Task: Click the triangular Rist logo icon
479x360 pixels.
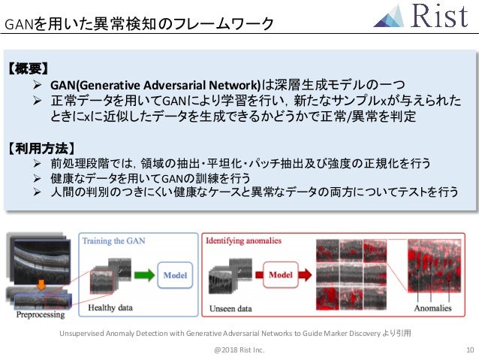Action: click(390, 16)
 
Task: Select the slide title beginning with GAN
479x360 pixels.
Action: click(139, 24)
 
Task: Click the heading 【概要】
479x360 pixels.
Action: click(28, 68)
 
